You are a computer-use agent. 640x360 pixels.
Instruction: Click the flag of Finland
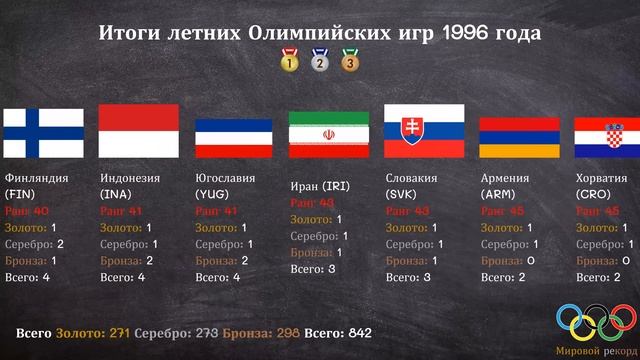[x=43, y=133]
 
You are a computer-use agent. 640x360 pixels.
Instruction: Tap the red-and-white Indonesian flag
[x=139, y=131]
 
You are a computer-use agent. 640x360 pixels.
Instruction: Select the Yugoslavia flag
[x=234, y=137]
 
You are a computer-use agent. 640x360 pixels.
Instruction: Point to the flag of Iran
[x=329, y=133]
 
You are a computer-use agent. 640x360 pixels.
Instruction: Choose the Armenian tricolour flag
[x=518, y=137]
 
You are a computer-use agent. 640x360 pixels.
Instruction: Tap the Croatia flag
[x=606, y=137]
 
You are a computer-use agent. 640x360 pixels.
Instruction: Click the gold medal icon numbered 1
[x=289, y=61]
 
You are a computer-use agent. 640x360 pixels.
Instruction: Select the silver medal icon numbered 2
[x=320, y=61]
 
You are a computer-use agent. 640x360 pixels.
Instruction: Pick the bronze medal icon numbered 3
[x=350, y=61]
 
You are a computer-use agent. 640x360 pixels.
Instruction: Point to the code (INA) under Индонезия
[x=117, y=194]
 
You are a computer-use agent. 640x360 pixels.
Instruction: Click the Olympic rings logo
[x=595, y=321]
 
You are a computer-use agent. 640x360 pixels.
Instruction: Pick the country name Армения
[x=507, y=178]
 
